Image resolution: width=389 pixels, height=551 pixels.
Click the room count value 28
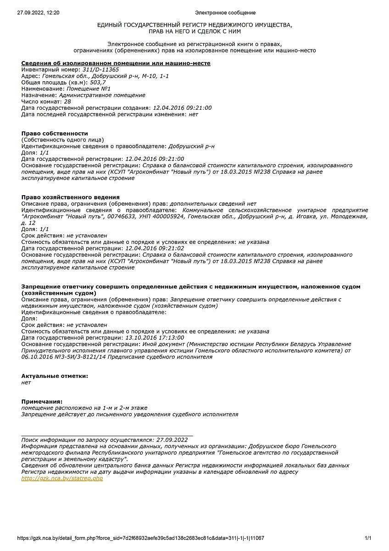pyautogui.click(x=67, y=101)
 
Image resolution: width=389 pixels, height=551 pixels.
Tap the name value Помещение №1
pyautogui.click(x=89, y=89)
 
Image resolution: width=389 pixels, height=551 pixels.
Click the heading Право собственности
pyautogui.click(x=55, y=134)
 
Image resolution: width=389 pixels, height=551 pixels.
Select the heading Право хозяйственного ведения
pyautogui.click(x=71, y=197)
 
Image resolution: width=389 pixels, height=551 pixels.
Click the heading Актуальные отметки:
pyautogui.click(x=55, y=376)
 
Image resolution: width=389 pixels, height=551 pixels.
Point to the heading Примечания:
pyautogui.click(x=42, y=401)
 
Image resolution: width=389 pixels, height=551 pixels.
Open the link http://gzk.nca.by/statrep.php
pyautogui.click(x=62, y=478)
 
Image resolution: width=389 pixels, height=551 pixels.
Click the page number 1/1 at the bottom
pyautogui.click(x=368, y=538)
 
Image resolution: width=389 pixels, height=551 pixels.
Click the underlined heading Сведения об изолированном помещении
pyautogui.click(x=116, y=63)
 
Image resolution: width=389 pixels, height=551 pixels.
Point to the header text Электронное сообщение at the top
pyautogui.click(x=225, y=13)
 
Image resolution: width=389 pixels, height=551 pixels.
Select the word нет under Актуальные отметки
pyautogui.click(x=26, y=382)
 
